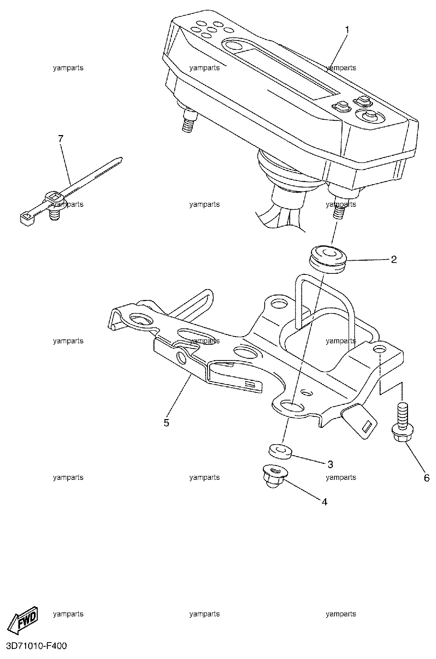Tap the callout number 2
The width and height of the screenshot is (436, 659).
[393, 260]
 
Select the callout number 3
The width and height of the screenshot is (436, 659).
[330, 464]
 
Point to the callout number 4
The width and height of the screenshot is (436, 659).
[324, 502]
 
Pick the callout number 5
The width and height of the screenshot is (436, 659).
[166, 423]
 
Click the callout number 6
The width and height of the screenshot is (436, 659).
[427, 477]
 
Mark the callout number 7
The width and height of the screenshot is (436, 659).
[61, 138]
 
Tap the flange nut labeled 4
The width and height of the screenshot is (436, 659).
[273, 475]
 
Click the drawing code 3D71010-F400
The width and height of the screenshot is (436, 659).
[34, 647]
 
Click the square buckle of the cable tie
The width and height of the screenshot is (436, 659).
[55, 198]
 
